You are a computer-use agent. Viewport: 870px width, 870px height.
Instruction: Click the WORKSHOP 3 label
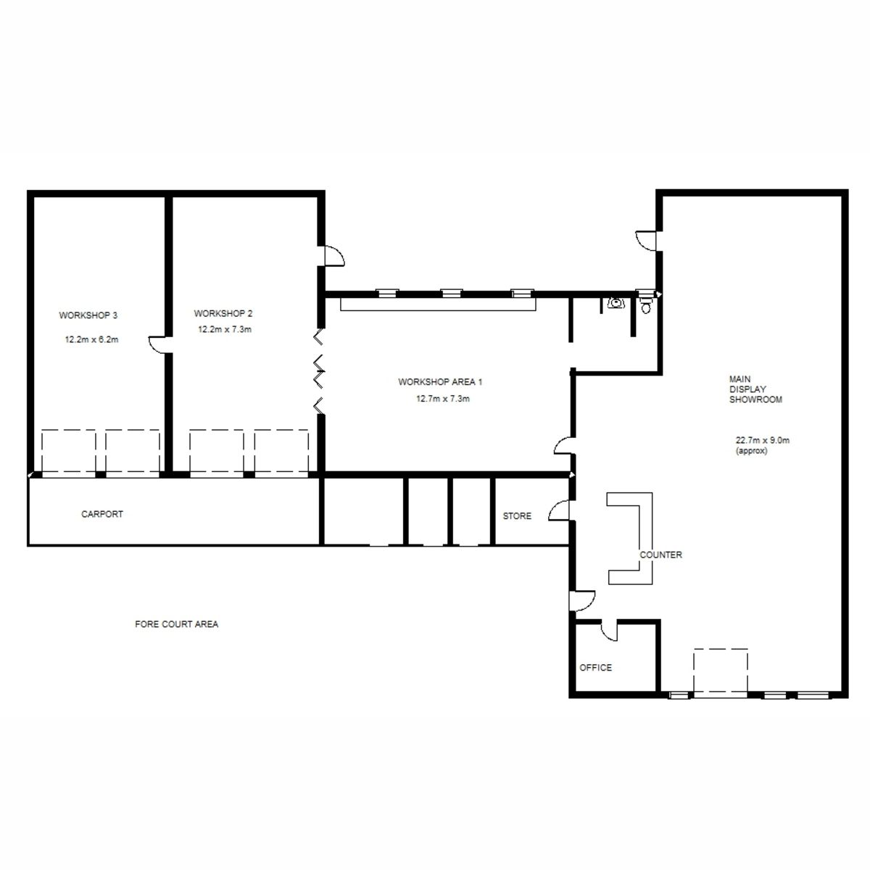88,315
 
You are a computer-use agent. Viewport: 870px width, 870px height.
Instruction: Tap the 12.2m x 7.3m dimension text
225,329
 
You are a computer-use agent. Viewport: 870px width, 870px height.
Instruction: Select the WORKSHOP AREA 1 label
440,382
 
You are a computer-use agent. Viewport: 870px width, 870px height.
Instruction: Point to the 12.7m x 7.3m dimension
443,399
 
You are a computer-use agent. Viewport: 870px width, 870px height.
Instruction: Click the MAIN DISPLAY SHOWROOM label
755,389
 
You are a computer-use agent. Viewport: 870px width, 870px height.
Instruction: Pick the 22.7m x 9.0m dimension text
763,440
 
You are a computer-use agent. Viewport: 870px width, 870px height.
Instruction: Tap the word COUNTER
660,555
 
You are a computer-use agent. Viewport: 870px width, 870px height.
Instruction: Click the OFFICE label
595,668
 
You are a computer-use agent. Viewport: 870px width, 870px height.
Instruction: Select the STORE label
517,516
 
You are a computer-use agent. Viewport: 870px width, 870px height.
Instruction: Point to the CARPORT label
102,514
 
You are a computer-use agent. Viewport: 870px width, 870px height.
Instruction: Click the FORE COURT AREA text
176,624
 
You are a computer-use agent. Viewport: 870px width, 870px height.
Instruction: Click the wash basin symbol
615,302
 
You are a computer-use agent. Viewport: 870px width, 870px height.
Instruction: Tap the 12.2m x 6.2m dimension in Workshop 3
91,339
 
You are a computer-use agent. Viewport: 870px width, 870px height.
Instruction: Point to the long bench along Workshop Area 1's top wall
438,304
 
